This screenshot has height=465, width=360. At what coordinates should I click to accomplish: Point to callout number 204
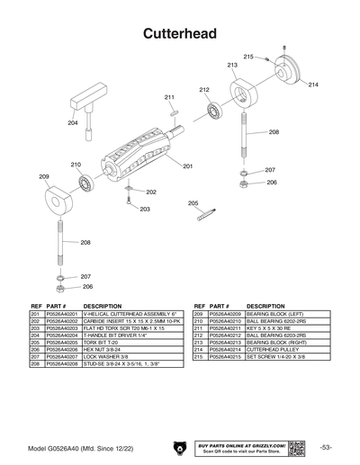tap(73, 122)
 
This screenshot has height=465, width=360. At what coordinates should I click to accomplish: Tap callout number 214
tap(313, 85)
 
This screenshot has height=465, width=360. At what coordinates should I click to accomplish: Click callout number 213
tap(232, 66)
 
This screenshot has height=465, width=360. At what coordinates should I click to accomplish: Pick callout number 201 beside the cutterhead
tap(188, 166)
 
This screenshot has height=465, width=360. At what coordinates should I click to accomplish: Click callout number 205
tap(193, 203)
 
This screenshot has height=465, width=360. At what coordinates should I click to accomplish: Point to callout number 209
tap(43, 176)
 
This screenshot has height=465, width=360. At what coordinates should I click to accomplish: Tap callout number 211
tap(169, 97)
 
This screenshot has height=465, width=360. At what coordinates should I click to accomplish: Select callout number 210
tap(76, 165)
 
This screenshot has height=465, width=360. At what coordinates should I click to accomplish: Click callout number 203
tap(144, 209)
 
